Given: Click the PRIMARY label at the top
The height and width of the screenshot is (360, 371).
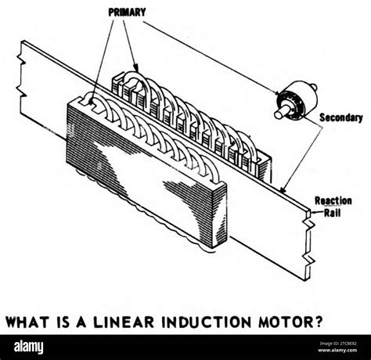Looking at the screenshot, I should point(128,13).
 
